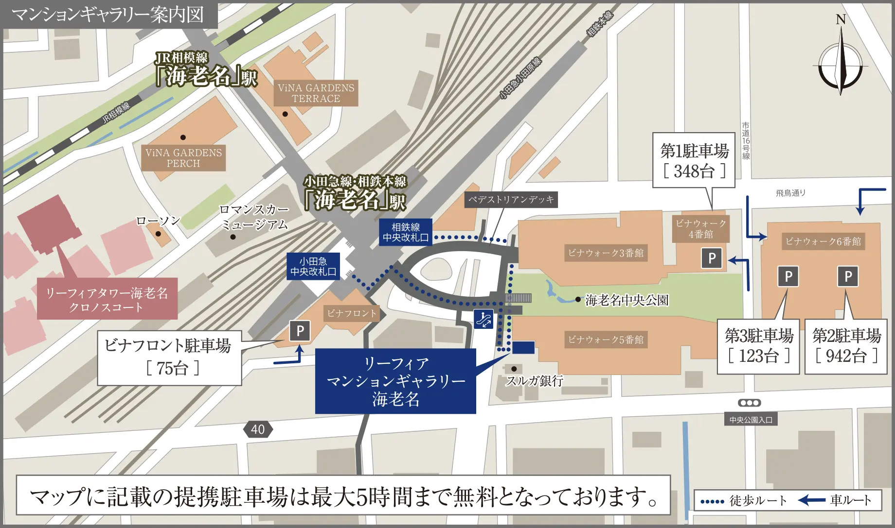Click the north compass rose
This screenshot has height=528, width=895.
click(841, 63)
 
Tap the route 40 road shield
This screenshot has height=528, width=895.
click(258, 429)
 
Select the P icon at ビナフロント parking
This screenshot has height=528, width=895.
click(300, 331)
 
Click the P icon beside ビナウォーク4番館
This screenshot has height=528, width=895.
click(712, 258)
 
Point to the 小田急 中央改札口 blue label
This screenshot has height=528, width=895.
click(313, 267)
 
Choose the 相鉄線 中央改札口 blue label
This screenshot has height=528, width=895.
click(406, 232)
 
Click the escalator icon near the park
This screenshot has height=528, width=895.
click(483, 319)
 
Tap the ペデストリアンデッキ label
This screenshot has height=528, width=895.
click(511, 200)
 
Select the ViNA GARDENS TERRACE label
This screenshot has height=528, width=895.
click(316, 93)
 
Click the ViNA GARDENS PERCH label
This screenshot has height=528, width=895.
click(183, 158)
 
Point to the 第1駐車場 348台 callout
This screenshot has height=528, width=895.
click(694, 161)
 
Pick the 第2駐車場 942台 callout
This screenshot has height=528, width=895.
click(846, 346)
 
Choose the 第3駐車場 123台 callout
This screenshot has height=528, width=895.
click(759, 346)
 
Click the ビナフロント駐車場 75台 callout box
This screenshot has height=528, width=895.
click(169, 358)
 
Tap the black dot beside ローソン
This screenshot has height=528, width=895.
click(158, 234)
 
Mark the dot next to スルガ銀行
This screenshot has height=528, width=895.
click(514, 369)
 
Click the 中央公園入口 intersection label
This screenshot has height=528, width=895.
click(751, 420)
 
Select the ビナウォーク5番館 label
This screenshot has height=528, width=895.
click(606, 340)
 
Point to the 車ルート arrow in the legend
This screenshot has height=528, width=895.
click(812, 500)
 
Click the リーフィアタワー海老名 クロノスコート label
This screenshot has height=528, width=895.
click(107, 300)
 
